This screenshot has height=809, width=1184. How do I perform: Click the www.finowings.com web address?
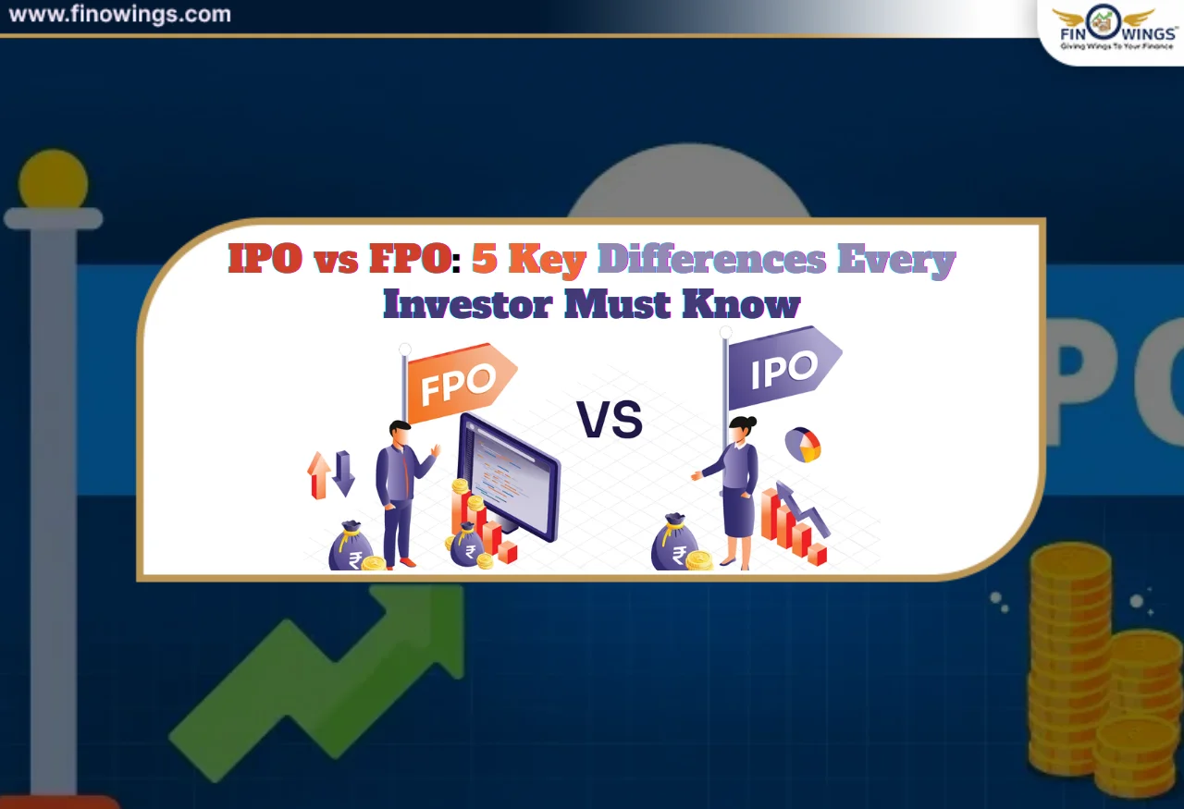pos(119,15)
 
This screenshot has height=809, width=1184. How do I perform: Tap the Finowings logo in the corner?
pos(1109,29)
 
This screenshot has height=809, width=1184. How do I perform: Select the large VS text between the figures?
pos(610,421)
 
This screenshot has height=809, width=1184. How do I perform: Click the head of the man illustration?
pos(399,432)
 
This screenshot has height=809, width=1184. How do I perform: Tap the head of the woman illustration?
pos(741,428)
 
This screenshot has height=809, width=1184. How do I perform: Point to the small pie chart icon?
pos(803,445)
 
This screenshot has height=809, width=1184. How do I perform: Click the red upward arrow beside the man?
pos(319,474)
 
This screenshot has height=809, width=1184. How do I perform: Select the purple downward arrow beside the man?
pos(344,472)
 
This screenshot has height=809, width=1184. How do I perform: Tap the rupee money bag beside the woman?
pos(676,545)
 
